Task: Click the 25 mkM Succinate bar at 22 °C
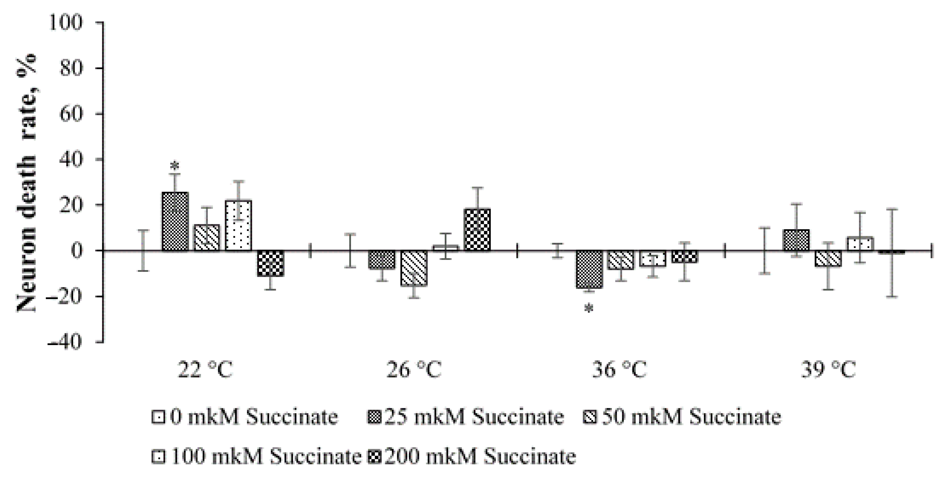(x=175, y=222)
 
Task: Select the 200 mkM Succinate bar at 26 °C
(x=477, y=230)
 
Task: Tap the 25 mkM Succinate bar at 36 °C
(x=589, y=269)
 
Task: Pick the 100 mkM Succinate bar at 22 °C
(x=239, y=225)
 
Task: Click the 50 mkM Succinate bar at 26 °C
(x=414, y=268)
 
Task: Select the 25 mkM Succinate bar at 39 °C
(x=796, y=241)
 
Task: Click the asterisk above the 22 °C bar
(x=175, y=166)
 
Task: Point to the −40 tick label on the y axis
(x=63, y=342)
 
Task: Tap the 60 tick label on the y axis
(x=71, y=114)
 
